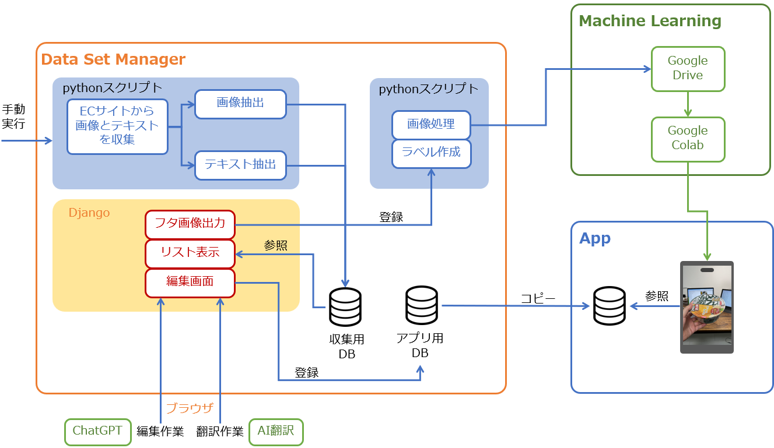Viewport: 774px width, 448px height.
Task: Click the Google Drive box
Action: click(688, 69)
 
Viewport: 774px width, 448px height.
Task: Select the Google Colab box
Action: click(688, 139)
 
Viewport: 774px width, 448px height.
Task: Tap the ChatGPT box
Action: click(97, 432)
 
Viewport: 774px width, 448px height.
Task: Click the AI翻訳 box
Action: click(276, 432)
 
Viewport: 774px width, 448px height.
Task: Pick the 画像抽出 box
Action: click(240, 104)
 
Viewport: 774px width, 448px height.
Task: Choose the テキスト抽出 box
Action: click(240, 165)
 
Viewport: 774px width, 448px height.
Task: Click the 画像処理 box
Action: click(431, 125)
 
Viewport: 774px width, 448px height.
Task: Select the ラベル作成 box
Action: click(431, 153)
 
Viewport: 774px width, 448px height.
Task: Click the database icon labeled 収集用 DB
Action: click(345, 307)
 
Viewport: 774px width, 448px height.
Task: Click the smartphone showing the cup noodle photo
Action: click(707, 307)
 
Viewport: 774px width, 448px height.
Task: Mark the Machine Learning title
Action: click(650, 22)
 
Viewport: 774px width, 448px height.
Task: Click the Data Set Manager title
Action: click(113, 59)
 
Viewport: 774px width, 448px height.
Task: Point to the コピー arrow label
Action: click(537, 299)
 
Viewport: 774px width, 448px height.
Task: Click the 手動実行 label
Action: click(13, 117)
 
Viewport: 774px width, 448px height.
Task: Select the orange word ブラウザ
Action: click(190, 408)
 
